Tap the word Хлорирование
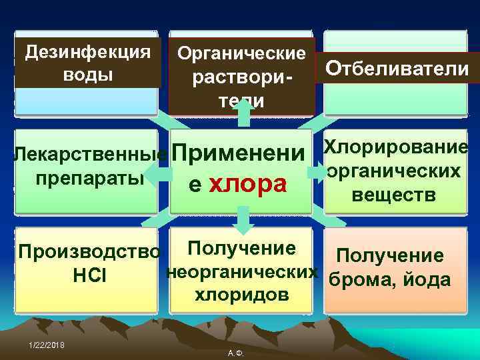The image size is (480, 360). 395,147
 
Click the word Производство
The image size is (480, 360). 89,253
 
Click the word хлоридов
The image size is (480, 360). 241,294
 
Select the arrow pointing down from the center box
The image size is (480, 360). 243,219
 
